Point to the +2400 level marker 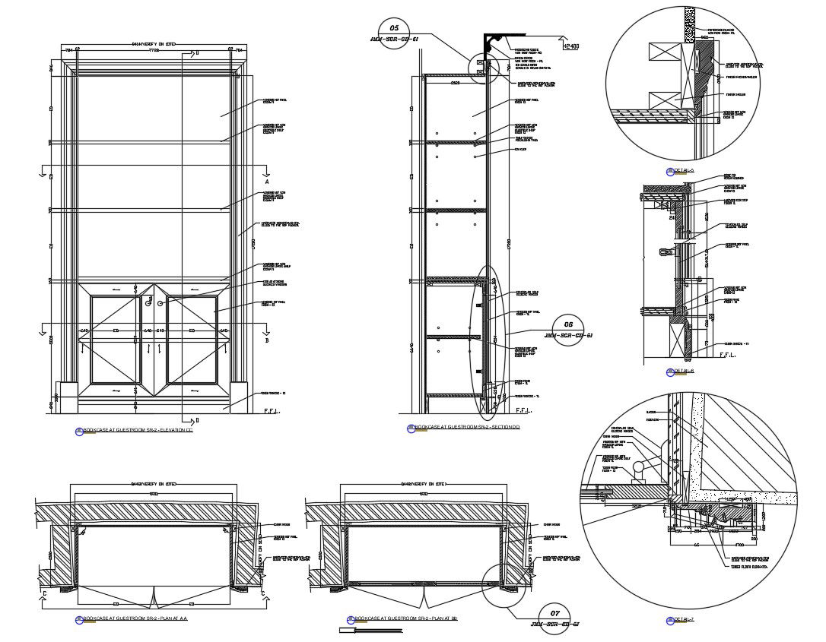[570, 46]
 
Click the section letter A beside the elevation [267, 183]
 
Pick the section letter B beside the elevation [267, 340]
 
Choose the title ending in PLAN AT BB [403, 619]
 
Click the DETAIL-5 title [681, 170]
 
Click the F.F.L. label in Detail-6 [726, 355]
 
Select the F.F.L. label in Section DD [523, 410]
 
